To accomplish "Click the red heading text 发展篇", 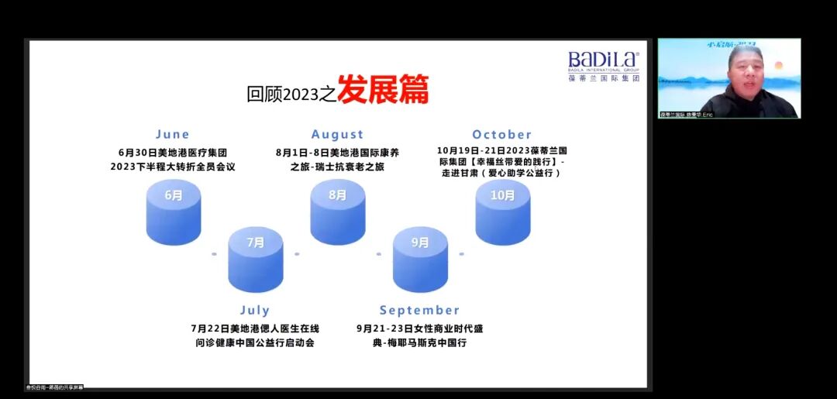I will [383, 91].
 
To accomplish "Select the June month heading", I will [172, 135].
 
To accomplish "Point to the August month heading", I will [337, 135].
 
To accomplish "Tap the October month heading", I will [502, 135].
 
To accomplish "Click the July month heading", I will [254, 311].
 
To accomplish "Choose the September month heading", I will [419, 311].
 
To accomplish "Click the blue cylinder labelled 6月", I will [174, 212].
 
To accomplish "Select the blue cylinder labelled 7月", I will [256, 259].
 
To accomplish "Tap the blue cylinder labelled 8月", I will [338, 212].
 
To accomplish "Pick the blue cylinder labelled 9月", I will [420, 259].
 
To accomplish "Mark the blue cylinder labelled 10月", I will [503, 212].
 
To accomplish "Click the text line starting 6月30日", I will [173, 153].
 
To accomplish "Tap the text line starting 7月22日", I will [254, 328].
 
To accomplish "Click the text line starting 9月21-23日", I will [419, 328].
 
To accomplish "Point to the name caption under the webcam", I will [687, 115].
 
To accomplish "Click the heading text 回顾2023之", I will [291, 95].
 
